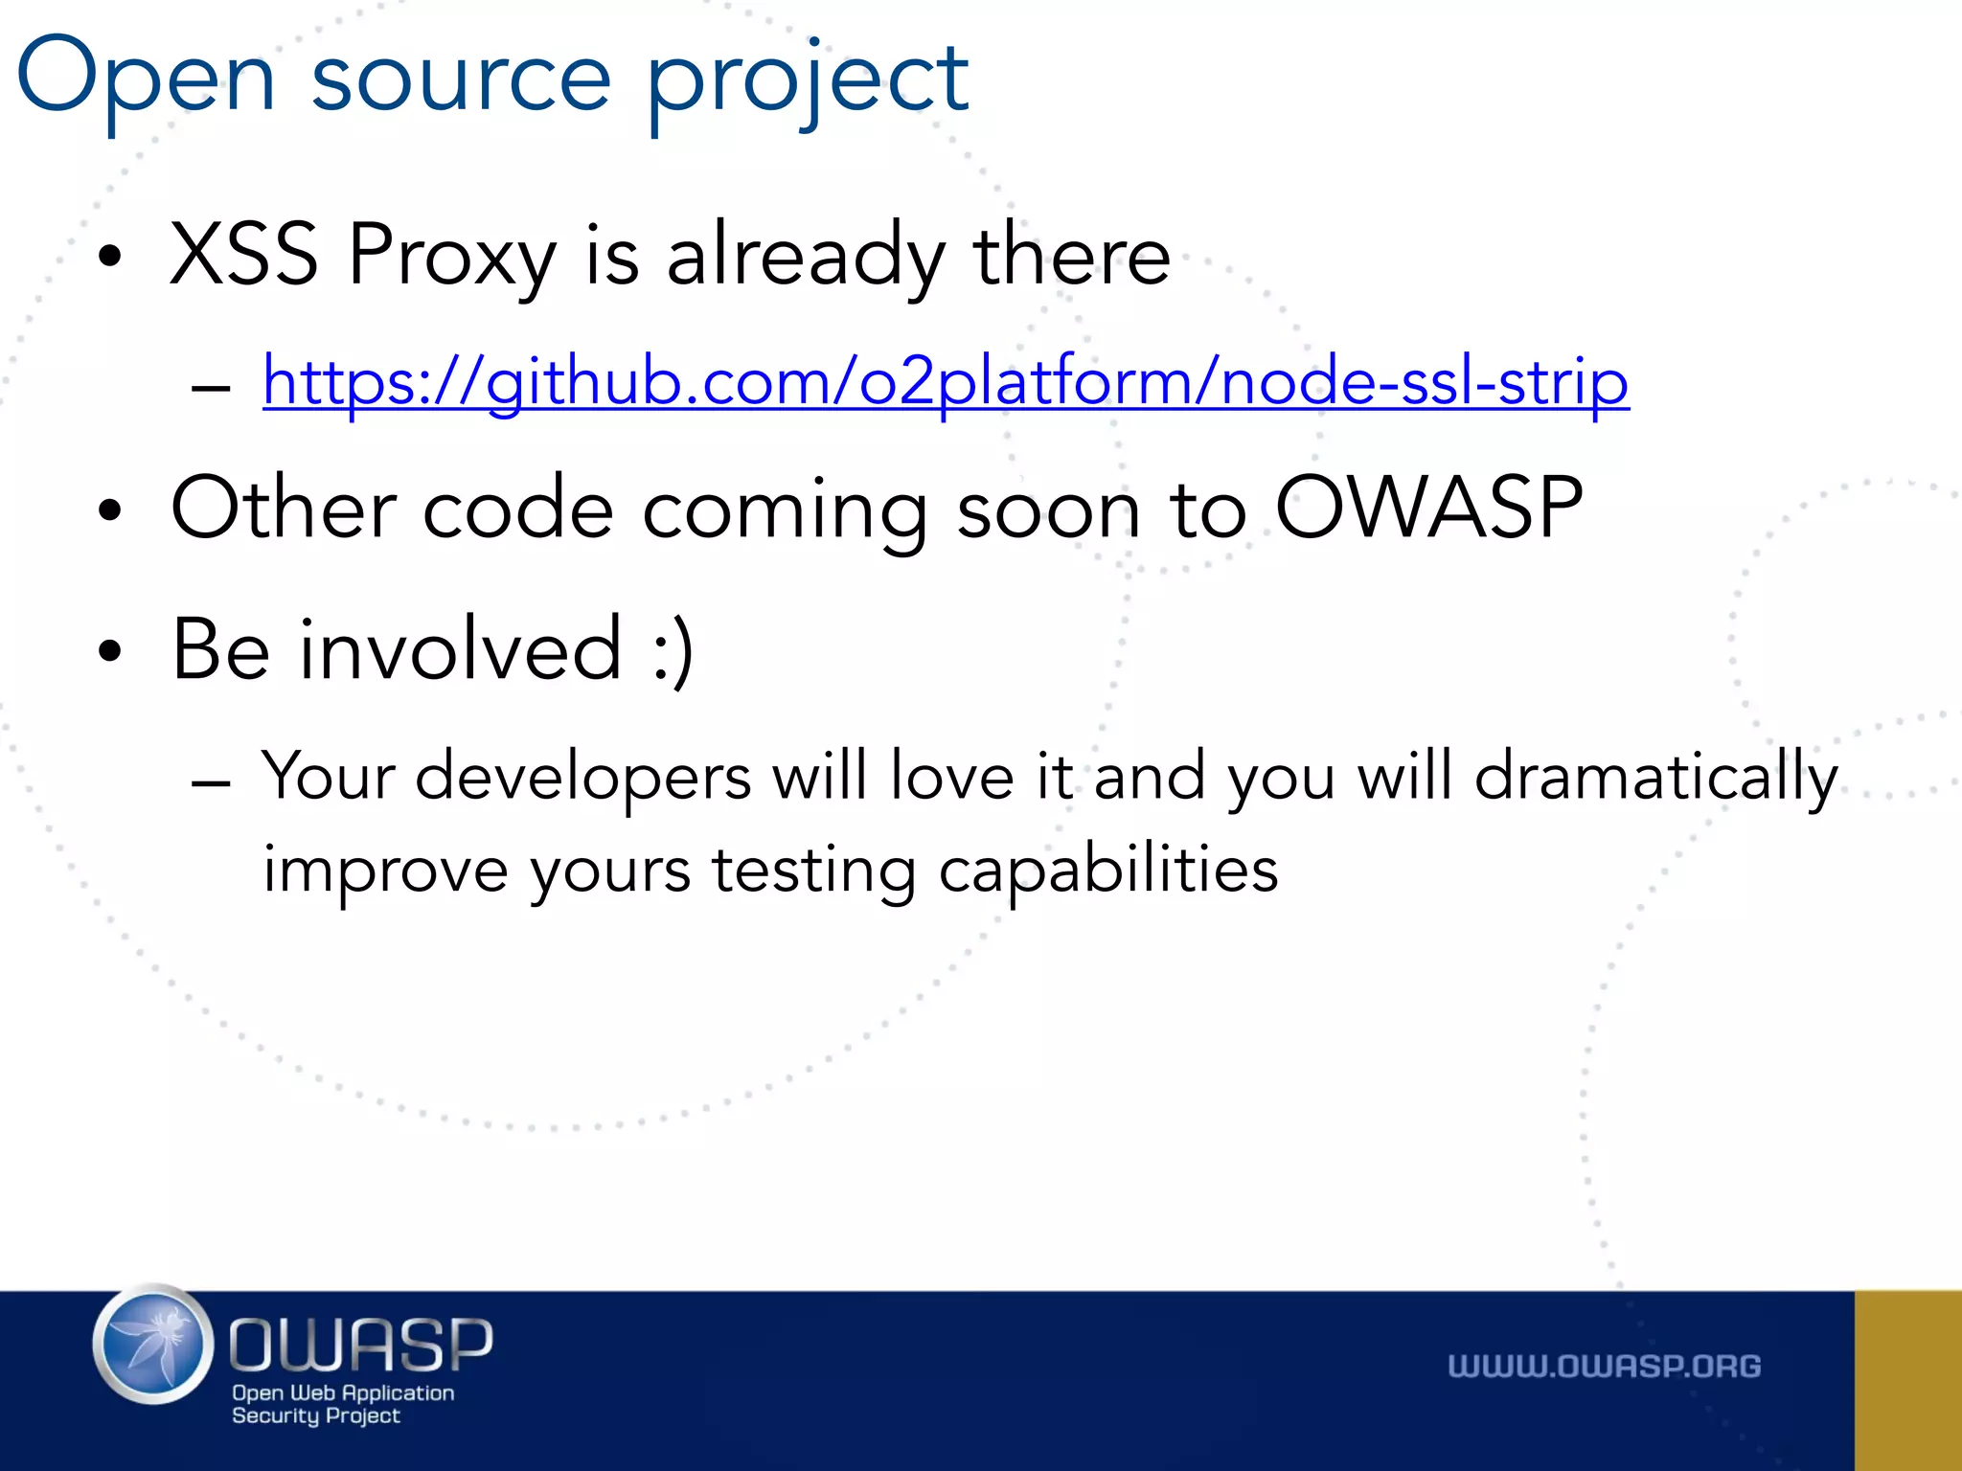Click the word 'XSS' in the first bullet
coord(243,255)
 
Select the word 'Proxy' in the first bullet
coord(451,257)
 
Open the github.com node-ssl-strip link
coord(946,382)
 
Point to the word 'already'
coord(806,257)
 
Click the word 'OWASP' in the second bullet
coord(1428,509)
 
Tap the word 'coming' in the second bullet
coord(785,510)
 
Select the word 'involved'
coord(462,649)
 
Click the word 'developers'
coord(582,777)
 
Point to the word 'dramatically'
coord(1655,777)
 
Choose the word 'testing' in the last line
coord(813,871)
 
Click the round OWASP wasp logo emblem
coord(154,1345)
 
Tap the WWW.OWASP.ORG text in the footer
coord(1604,1367)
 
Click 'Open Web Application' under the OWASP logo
coord(343,1392)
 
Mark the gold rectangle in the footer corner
coord(1907,1380)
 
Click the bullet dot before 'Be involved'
coord(111,651)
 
